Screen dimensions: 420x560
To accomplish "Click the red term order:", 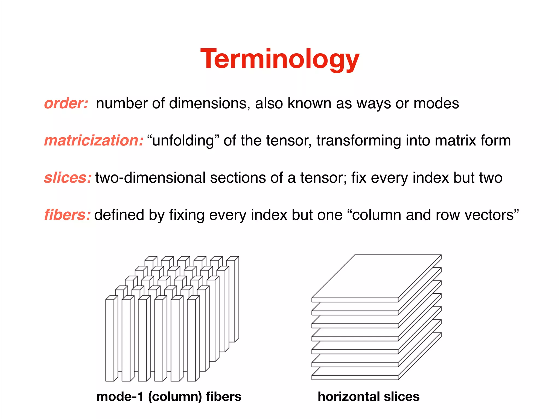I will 66,104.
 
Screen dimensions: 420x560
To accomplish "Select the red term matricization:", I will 94,141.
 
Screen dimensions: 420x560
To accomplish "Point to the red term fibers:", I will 67,215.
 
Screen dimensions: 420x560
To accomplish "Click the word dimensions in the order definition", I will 209,104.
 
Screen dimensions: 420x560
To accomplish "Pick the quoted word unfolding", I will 183,141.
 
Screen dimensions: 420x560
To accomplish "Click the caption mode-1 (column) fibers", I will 169,396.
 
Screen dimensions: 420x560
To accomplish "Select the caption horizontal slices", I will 368,396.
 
